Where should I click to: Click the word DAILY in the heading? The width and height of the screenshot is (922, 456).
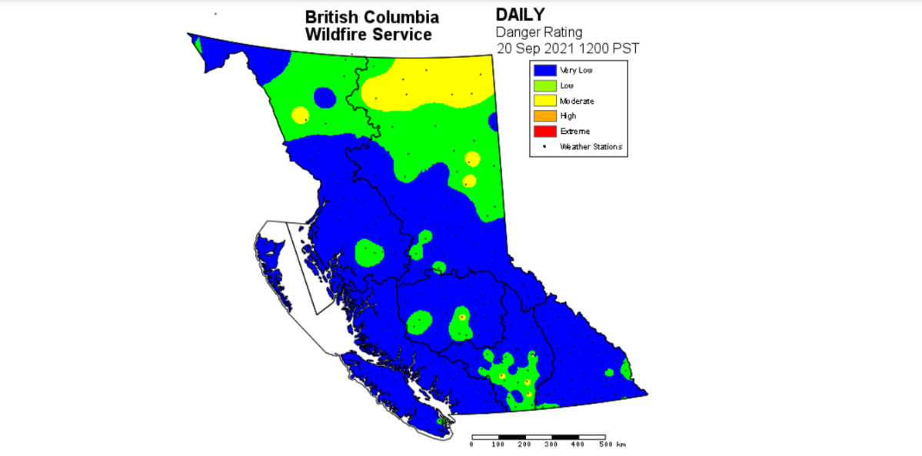[x=521, y=15]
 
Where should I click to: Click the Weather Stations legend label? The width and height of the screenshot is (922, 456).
[x=590, y=146]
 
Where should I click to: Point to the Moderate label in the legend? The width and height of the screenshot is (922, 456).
[x=577, y=101]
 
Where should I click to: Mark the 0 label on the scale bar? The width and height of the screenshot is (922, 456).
[x=471, y=444]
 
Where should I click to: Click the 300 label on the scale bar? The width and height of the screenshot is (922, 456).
[x=551, y=444]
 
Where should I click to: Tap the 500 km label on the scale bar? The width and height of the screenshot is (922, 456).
[x=611, y=444]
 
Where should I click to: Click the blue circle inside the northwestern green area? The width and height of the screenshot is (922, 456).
[x=324, y=98]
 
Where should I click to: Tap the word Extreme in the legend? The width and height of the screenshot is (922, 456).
[x=575, y=131]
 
